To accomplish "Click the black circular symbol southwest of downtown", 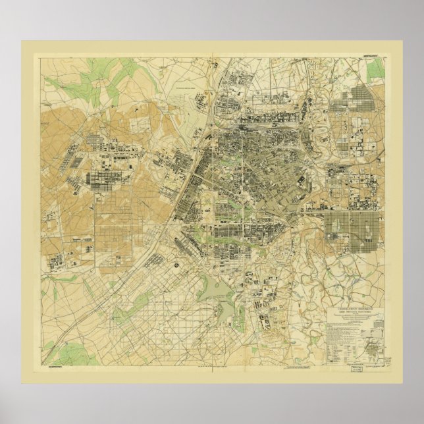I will (177, 265).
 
